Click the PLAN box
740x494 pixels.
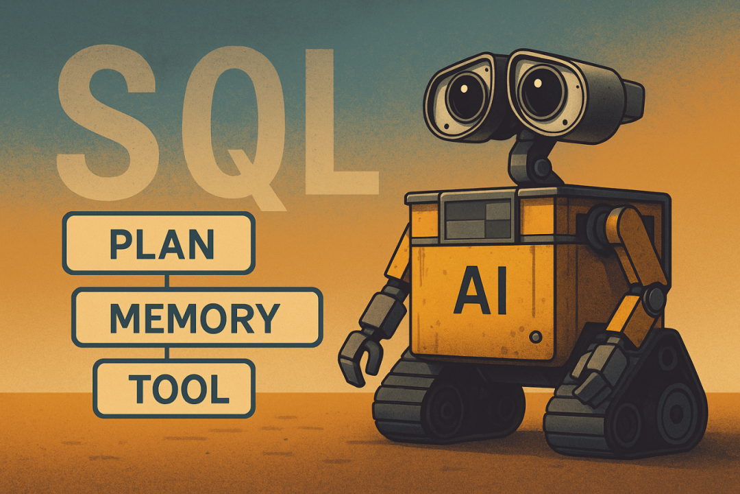[x=158, y=243]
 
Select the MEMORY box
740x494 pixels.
[x=197, y=316]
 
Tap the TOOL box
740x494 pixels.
[x=174, y=388]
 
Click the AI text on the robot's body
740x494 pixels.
[x=480, y=292]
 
